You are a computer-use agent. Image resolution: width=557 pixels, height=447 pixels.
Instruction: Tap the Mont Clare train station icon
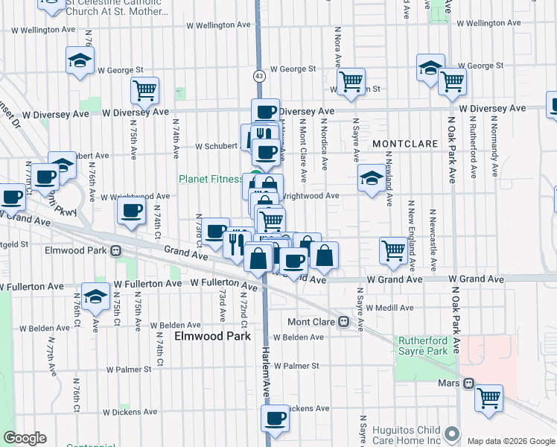pyautogui.click(x=343, y=322)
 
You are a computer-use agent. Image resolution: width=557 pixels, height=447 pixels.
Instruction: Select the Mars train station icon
pyautogui.click(x=468, y=384)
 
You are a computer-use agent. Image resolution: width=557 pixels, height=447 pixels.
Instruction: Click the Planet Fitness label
pyautogui.click(x=211, y=180)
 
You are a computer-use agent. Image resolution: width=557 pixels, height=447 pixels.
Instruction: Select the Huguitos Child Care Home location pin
pyautogui.click(x=451, y=433)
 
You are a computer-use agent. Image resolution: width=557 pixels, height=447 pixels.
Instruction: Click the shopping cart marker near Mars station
pyautogui.click(x=489, y=399)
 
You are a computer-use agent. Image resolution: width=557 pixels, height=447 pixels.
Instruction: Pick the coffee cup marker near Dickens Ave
pyautogui.click(x=275, y=418)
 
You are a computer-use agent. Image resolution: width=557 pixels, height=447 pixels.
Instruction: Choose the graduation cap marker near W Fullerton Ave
pyautogui.click(x=95, y=297)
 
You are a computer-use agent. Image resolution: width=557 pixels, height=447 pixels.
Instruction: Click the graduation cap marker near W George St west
pyautogui.click(x=80, y=61)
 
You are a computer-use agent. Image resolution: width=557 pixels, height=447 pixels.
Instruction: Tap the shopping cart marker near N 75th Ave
pyautogui.click(x=144, y=90)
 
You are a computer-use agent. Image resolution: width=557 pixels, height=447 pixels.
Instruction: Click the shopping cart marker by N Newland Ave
pyautogui.click(x=393, y=251)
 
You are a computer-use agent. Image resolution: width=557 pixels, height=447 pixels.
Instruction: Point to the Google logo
pyautogui.click(x=25, y=438)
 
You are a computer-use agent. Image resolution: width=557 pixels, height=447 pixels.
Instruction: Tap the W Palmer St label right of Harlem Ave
pyautogui.click(x=296, y=366)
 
